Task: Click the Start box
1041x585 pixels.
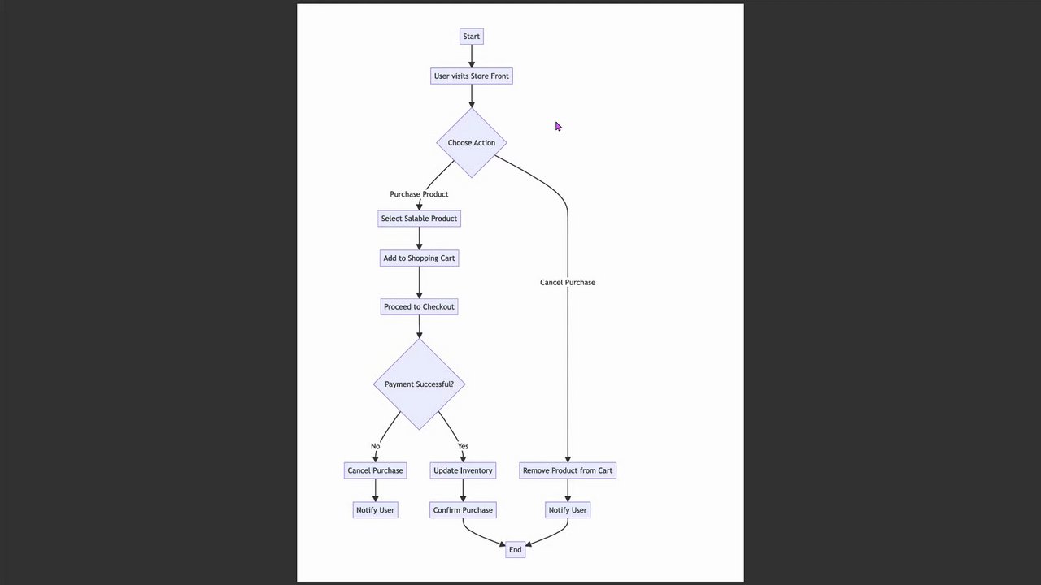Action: pos(471,37)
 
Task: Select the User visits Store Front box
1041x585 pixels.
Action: pos(472,76)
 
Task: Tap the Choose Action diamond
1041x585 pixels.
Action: pos(472,143)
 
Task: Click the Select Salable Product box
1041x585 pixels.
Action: pos(419,219)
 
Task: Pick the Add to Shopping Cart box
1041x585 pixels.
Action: pos(419,258)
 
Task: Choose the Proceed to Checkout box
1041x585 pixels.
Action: pos(419,307)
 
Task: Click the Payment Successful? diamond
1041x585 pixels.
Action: pos(419,384)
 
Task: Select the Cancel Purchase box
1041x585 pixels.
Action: pos(375,470)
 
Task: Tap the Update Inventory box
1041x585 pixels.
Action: pos(463,470)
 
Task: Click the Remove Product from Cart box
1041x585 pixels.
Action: pos(568,470)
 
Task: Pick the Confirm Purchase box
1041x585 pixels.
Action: pos(463,510)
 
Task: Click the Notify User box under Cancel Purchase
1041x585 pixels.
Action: pos(375,510)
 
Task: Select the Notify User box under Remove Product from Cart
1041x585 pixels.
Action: pos(568,510)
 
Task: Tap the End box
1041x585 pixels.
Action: pos(515,550)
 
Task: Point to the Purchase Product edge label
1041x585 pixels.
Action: pos(419,194)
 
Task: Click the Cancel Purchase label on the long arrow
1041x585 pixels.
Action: pos(568,283)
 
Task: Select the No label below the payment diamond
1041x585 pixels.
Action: pos(375,446)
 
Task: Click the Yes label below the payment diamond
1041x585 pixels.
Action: pos(463,446)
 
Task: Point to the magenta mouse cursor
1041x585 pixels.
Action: pos(558,126)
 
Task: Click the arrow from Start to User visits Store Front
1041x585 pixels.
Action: pos(472,56)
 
